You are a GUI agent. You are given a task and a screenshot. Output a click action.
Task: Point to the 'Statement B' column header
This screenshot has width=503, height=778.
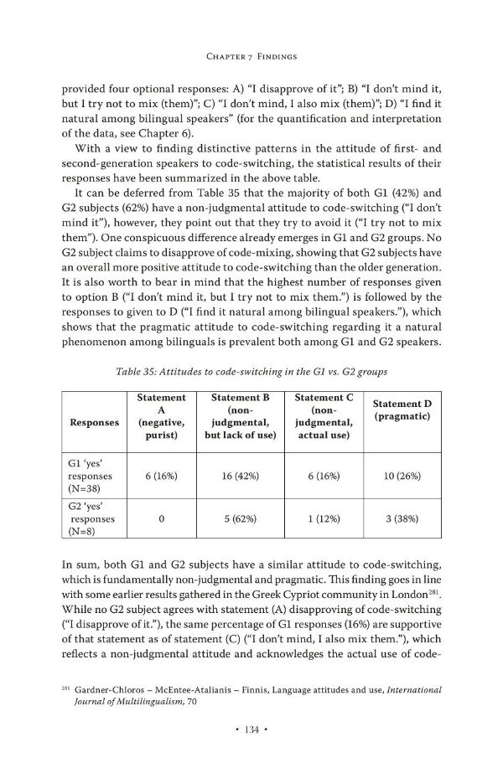tap(240, 416)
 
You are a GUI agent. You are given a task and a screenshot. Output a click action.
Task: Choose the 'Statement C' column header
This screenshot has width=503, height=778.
tap(323, 416)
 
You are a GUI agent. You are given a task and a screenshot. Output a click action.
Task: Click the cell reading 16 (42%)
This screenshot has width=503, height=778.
tap(240, 475)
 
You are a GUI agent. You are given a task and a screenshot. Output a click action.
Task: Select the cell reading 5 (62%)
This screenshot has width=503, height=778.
tap(240, 519)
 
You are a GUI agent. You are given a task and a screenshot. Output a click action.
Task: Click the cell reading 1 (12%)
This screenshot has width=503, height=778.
tap(323, 519)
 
